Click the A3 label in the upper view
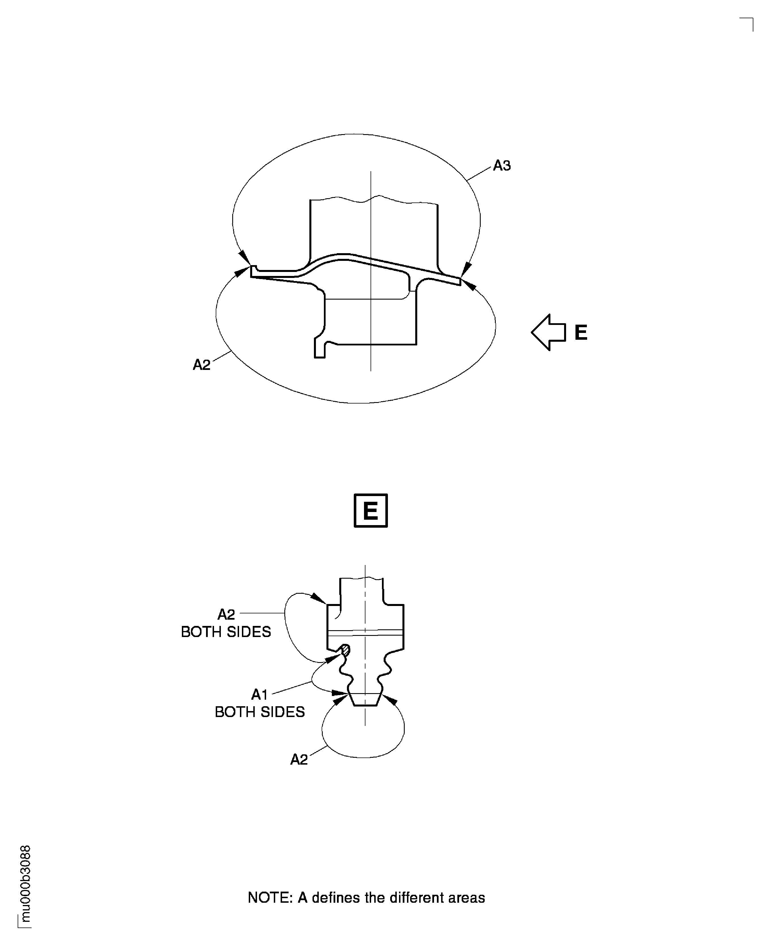click(x=502, y=166)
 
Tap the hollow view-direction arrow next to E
click(x=548, y=332)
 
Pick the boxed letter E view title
click(x=370, y=511)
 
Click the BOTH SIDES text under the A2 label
click(x=226, y=632)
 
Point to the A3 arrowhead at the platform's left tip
click(x=245, y=257)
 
